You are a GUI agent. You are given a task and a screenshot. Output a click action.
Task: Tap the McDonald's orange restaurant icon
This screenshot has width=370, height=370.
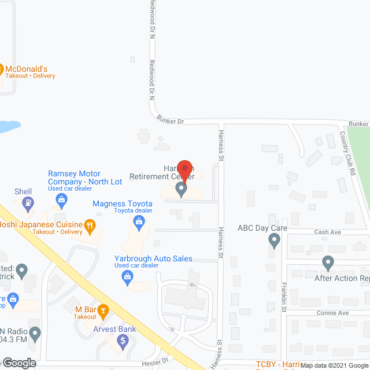(2, 68)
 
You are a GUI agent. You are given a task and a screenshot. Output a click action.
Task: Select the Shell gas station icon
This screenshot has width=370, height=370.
(27, 203)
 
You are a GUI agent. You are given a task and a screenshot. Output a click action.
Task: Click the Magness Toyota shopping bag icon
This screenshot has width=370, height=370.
(139, 221)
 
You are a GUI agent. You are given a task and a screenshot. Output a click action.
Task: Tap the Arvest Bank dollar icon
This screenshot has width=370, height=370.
(122, 342)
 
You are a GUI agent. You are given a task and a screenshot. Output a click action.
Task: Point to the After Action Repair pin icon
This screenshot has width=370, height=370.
(328, 263)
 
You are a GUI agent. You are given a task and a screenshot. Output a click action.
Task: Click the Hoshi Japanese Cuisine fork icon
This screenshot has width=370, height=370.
(89, 224)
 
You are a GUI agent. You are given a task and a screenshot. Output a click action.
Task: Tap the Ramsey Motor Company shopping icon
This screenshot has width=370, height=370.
(61, 200)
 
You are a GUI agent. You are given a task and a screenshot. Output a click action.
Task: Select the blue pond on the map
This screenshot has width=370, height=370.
(8, 126)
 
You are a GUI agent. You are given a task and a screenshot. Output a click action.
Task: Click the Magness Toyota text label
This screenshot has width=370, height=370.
(123, 203)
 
